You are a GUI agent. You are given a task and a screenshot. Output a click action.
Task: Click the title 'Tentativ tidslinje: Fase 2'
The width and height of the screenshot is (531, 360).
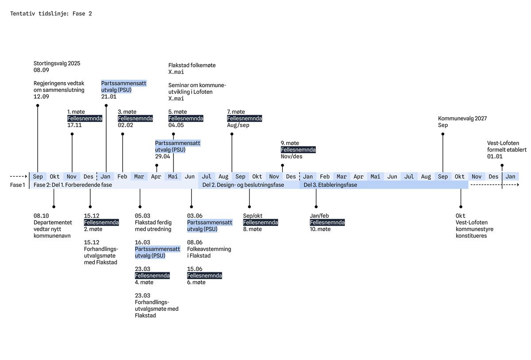[x=51, y=14]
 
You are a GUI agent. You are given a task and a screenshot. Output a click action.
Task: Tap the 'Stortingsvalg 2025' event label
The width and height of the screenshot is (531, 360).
[x=57, y=63]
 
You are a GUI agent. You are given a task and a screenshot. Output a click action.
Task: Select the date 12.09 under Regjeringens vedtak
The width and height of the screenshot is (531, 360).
[x=41, y=97]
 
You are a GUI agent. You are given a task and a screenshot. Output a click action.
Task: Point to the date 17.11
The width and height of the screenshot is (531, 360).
[x=74, y=125]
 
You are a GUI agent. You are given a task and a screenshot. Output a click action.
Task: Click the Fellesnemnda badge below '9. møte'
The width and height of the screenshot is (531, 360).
[x=298, y=150]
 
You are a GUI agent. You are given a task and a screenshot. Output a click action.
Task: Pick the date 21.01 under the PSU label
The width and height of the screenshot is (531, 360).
[x=108, y=97]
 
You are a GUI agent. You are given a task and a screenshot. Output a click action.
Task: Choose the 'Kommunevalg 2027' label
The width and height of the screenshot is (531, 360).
[x=462, y=118]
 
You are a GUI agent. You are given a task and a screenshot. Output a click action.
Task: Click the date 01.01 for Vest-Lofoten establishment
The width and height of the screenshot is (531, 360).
[x=495, y=157]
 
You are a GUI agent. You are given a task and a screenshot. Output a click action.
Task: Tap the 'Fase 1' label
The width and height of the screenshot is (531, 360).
[x=18, y=185]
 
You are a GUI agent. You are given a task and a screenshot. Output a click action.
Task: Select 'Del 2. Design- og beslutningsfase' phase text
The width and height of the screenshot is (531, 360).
[x=243, y=185]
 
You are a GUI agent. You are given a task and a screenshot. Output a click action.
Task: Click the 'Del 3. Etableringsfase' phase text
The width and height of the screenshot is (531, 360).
[x=330, y=185]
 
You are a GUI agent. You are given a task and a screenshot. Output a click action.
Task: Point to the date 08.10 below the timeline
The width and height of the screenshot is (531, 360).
[x=41, y=216]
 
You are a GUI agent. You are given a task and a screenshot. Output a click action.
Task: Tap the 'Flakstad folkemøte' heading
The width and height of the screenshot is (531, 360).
[x=192, y=65]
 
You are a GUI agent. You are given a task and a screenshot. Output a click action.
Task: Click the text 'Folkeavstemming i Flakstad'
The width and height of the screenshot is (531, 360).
[x=209, y=252]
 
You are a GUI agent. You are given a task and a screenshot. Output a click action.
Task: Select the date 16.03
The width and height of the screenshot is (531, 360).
[x=142, y=242]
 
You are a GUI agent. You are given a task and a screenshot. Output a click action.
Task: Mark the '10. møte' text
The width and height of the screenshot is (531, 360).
[x=320, y=229]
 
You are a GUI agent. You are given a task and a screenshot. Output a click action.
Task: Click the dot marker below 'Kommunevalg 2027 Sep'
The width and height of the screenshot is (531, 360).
[x=442, y=134]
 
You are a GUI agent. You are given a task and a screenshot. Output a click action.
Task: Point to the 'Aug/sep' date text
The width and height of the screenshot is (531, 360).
[x=238, y=125]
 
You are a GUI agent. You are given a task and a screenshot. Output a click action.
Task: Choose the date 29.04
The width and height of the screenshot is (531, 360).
[x=162, y=157]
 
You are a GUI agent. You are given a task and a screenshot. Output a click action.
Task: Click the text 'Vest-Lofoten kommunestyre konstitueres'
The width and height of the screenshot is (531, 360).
[x=474, y=229]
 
